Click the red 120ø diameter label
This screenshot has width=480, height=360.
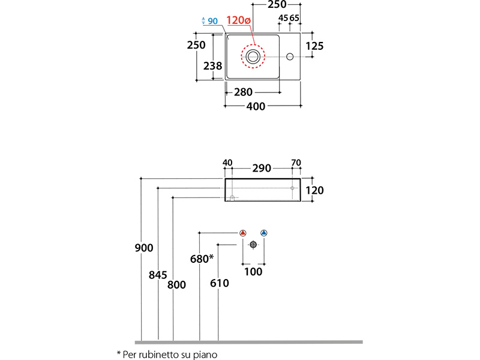pyautogui.click(x=238, y=20)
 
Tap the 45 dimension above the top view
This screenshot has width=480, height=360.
pyautogui.click(x=282, y=19)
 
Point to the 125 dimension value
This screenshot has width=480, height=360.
pyautogui.click(x=314, y=46)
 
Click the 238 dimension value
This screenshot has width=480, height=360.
pyautogui.click(x=213, y=66)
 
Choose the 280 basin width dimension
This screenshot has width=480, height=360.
pyautogui.click(x=243, y=92)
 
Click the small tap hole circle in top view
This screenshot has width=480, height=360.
pyautogui.click(x=290, y=57)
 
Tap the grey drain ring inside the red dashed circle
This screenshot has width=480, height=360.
pyautogui.click(x=253, y=57)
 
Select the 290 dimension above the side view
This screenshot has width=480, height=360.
pyautogui.click(x=262, y=169)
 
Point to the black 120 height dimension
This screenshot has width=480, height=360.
pyautogui.click(x=314, y=190)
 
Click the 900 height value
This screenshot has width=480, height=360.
pyautogui.click(x=144, y=247)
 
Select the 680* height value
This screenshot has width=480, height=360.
pyautogui.click(x=202, y=259)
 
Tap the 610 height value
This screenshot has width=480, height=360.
pyautogui.click(x=220, y=283)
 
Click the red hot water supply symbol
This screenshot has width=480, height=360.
pyautogui.click(x=243, y=233)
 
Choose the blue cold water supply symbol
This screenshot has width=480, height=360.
pyautogui.click(x=263, y=233)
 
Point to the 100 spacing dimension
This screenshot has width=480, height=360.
pyautogui.click(x=254, y=272)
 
